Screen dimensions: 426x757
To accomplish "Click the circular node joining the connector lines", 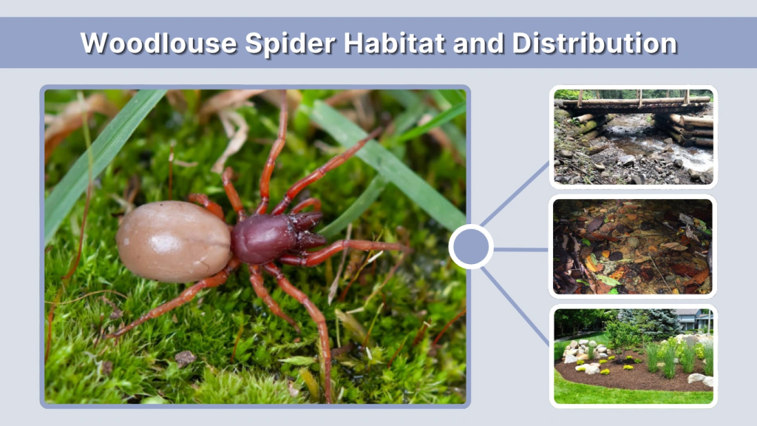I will point(471,247).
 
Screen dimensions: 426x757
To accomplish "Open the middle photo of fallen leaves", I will point(633,246).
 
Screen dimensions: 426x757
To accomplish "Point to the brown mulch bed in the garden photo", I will point(628,376).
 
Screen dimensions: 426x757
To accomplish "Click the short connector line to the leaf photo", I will point(521,249).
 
